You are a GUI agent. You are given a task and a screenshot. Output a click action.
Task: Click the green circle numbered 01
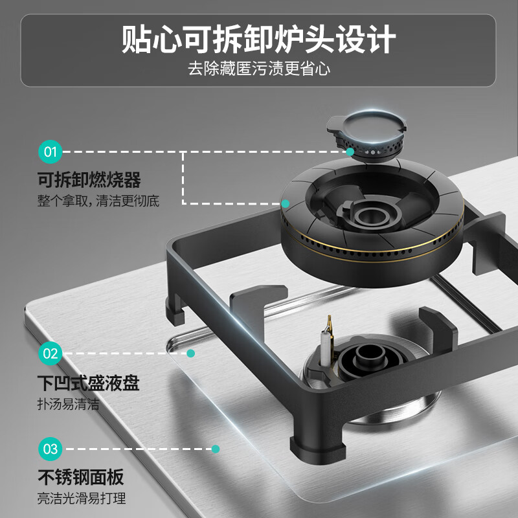51,153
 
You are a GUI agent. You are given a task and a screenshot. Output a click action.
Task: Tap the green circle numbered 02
51,354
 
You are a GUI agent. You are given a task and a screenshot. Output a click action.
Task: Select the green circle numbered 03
51,448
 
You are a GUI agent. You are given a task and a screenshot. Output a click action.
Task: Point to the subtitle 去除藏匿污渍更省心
259,69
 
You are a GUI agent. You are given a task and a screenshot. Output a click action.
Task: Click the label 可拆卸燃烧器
89,179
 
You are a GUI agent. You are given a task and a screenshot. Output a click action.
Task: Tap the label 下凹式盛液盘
89,383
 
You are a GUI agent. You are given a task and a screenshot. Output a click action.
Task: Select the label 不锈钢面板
81,478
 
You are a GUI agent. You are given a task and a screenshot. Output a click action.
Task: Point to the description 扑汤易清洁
69,405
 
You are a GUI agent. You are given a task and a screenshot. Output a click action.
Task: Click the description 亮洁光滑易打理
82,499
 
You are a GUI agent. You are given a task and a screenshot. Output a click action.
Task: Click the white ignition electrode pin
323,347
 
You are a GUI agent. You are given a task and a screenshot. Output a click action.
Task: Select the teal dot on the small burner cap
350,152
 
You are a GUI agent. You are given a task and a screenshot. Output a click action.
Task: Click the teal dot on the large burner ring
286,203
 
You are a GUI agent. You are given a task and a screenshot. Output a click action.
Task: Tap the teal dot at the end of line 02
191,354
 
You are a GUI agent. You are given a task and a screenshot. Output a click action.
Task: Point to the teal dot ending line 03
216,448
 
